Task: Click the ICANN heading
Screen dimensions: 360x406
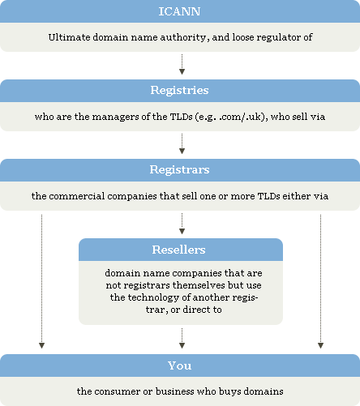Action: pos(179,11)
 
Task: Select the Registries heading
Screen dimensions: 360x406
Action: pos(179,90)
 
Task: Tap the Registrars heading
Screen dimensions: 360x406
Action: pos(179,169)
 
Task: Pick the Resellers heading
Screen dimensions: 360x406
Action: pos(178,250)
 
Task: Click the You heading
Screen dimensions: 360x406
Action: pos(179,365)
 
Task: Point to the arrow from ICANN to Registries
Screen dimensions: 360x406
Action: pos(182,64)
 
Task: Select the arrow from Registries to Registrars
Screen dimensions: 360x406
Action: pos(182,143)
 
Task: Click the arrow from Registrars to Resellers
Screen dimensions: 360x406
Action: pos(182,224)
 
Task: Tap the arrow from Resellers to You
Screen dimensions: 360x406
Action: pos(182,338)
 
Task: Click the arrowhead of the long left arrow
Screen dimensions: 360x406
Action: pos(41,346)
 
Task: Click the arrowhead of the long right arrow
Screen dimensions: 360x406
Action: pos(320,346)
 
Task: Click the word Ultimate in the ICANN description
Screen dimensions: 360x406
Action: pos(69,37)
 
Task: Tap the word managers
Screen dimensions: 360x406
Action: pos(115,118)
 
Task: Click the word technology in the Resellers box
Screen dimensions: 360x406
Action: pos(153,297)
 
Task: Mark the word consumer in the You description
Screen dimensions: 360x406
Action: pos(117,391)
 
